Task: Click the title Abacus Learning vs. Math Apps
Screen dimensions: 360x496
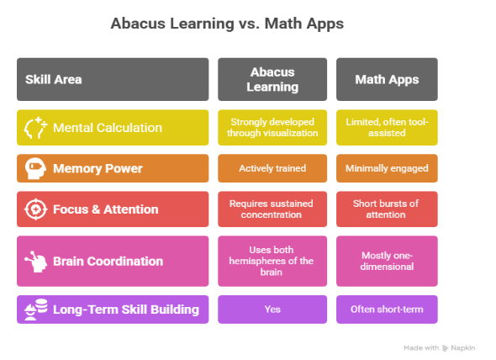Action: (x=227, y=24)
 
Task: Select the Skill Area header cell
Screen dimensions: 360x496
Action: (x=113, y=80)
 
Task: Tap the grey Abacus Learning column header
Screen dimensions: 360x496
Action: (x=272, y=80)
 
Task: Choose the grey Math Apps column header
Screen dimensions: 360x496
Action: (x=387, y=80)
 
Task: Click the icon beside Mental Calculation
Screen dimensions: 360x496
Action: (x=36, y=128)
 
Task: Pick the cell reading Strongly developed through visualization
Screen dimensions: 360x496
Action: (x=272, y=128)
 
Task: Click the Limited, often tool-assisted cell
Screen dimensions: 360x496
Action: (x=387, y=128)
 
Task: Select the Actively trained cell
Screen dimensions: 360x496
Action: (x=272, y=168)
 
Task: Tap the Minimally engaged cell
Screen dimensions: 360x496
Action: (x=387, y=168)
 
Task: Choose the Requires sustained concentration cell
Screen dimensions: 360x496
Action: (x=272, y=209)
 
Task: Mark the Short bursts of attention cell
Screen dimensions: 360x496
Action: (x=387, y=209)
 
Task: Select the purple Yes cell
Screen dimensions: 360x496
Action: (x=272, y=309)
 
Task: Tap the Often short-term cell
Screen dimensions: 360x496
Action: (x=387, y=309)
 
